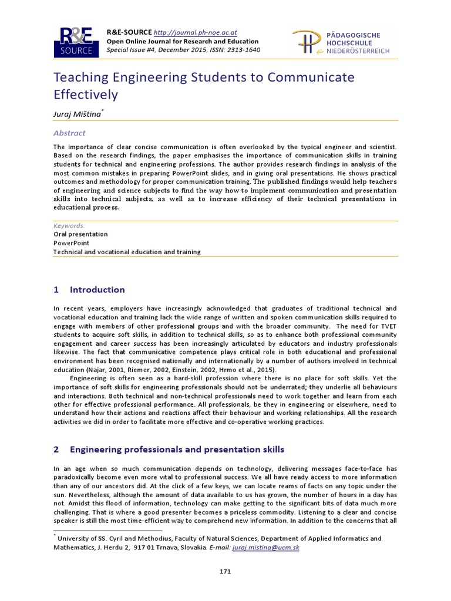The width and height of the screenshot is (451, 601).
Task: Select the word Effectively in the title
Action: click(x=86, y=94)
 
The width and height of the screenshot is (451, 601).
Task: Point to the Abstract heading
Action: click(x=69, y=133)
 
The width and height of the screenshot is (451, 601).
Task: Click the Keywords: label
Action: click(x=69, y=225)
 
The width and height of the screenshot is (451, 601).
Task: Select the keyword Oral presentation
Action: click(x=80, y=234)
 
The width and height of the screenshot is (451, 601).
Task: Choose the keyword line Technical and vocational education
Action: click(x=127, y=252)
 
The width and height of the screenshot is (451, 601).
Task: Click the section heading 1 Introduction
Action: click(x=89, y=289)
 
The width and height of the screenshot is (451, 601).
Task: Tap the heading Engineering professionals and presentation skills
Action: click(x=177, y=450)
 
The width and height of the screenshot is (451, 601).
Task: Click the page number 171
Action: click(x=225, y=570)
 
